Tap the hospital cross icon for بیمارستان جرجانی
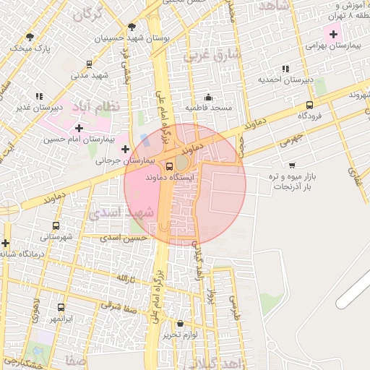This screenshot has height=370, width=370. pos(125,149)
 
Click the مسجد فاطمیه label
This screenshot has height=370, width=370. pos(208,108)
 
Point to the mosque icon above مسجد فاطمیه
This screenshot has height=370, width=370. pos(208,97)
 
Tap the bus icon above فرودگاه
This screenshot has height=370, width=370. pos(309,104)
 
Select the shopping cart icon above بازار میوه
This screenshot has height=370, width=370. pos(291,165)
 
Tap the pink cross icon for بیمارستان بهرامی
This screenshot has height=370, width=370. pos(332,33)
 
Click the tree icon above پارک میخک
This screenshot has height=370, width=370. pos(29,36)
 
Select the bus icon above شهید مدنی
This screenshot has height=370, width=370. pos(89,64)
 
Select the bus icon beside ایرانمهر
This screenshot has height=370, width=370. pos(60,306)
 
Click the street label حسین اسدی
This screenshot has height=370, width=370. pos(124,237)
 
